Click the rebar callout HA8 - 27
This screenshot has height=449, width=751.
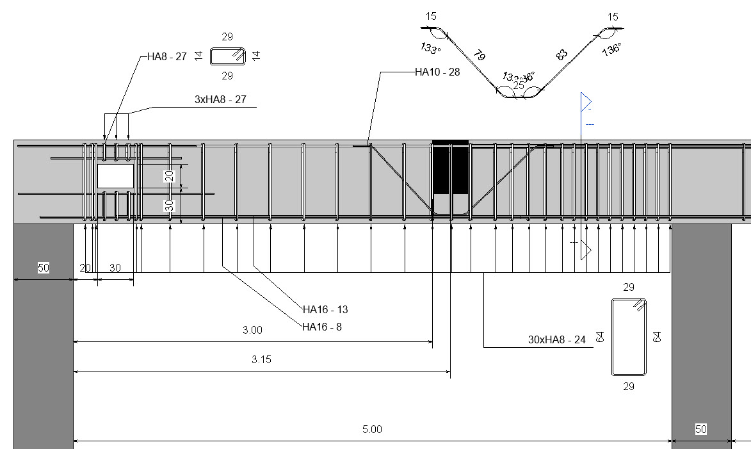166,56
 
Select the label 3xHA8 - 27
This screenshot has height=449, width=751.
220,100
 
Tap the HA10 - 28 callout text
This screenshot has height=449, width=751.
437,72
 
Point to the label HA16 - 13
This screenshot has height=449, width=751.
325,309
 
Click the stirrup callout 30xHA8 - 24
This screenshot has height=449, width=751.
556,340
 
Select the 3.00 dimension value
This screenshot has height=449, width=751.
252,331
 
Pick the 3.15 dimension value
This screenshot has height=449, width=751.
261,360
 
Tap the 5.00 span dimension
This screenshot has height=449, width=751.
372,429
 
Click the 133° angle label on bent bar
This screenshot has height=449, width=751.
431,48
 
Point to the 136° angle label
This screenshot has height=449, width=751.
611,49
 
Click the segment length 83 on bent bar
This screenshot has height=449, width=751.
561,56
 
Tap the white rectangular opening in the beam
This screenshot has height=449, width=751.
115,176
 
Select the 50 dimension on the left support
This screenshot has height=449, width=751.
43,268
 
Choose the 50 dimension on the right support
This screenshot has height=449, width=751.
701,429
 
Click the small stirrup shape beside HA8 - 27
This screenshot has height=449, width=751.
227,56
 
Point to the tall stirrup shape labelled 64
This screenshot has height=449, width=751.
629,337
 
